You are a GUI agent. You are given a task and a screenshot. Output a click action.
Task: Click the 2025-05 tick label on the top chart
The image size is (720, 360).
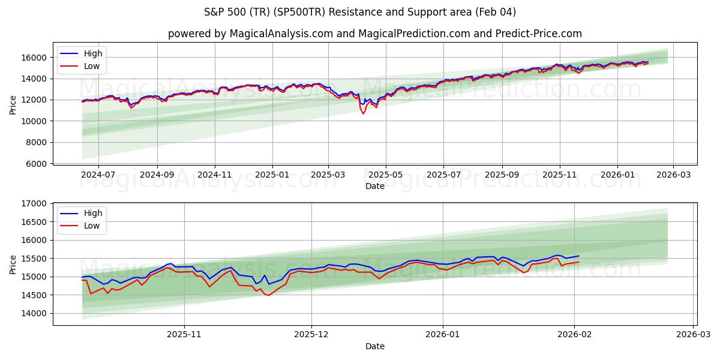pos(385,175)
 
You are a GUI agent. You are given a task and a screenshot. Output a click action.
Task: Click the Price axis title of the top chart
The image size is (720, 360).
pos(13,104)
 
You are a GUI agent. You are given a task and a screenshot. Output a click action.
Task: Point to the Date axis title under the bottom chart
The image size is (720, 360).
pos(375,346)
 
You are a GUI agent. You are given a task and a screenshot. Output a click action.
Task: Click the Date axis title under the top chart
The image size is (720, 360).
pos(375,186)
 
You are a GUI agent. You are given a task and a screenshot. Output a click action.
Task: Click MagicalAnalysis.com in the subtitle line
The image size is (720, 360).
pos(281,34)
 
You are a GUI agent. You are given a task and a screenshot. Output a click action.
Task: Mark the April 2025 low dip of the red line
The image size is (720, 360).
pos(363,113)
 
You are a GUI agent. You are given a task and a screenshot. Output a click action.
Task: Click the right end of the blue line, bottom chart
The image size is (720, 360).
pos(579,256)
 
